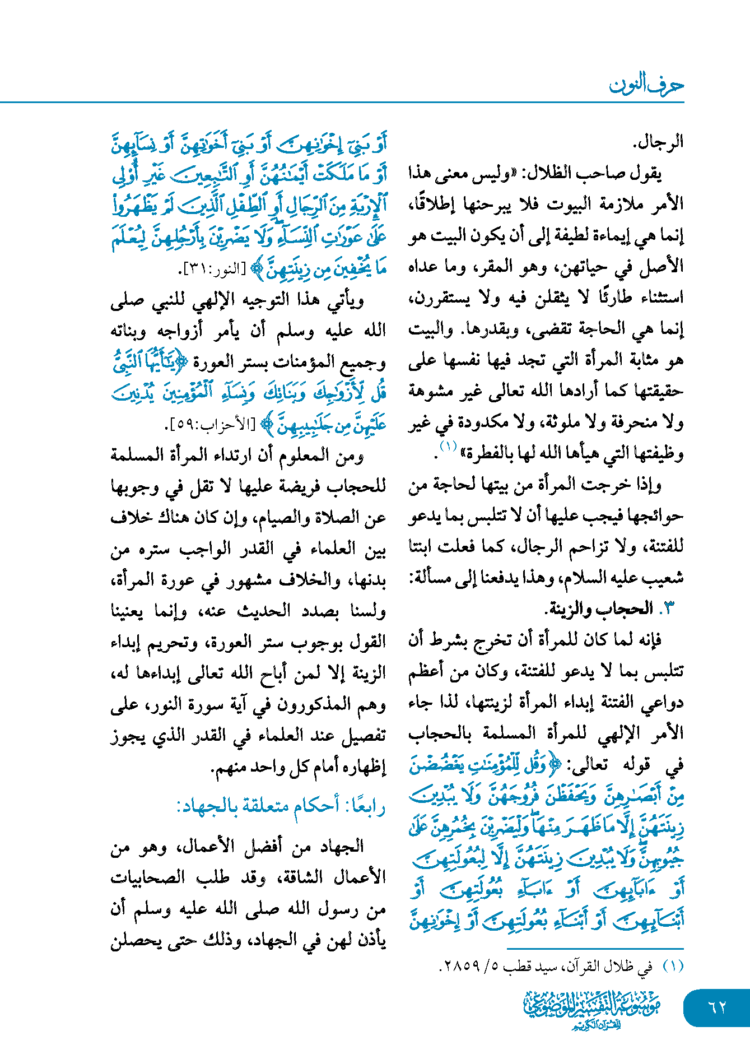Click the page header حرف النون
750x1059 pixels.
click(646, 85)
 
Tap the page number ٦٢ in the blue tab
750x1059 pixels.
click(717, 1007)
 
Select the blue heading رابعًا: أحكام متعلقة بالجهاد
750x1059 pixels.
click(281, 806)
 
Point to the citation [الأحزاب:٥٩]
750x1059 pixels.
click(211, 425)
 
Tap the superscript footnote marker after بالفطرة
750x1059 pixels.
click(449, 447)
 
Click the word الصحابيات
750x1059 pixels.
click(148, 877)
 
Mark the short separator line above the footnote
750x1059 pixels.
click(595, 948)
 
